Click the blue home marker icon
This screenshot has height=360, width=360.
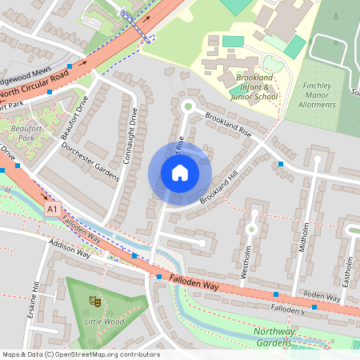coord(180,172)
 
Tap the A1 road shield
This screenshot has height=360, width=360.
coord(53,208)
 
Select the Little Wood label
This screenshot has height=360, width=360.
coord(104,322)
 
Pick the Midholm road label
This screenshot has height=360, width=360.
coord(302,238)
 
